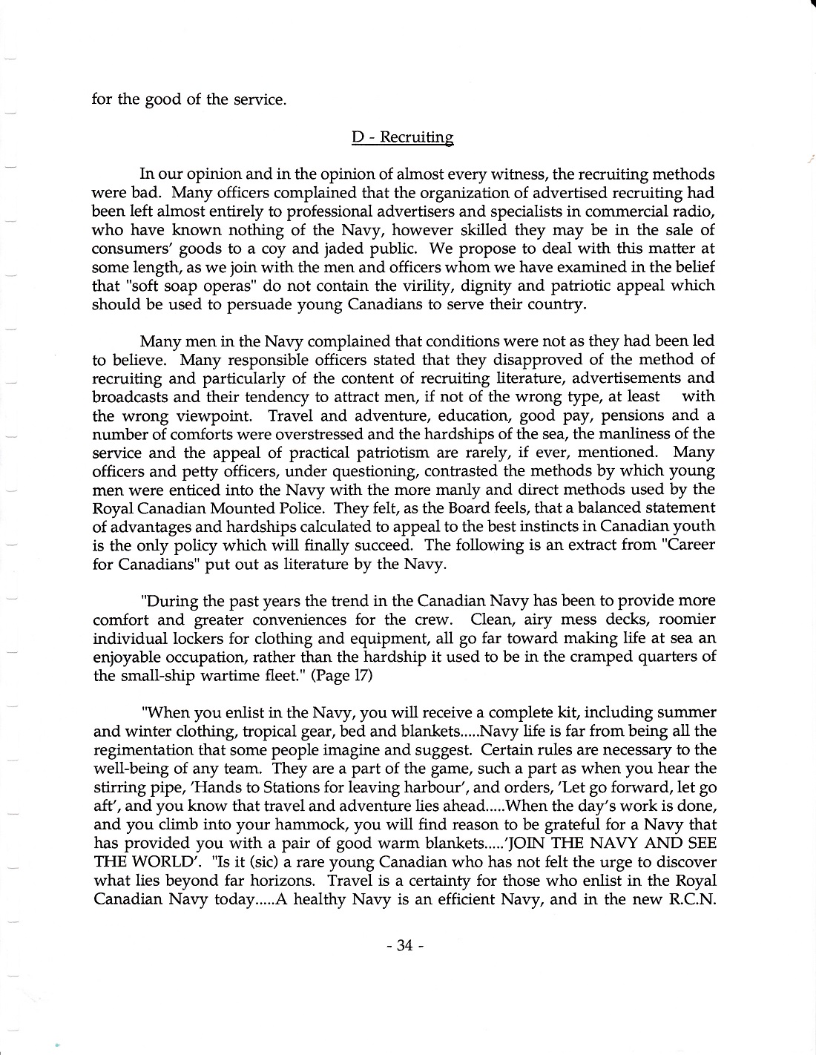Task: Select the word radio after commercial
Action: (x=697, y=211)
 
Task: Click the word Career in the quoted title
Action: (x=691, y=545)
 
